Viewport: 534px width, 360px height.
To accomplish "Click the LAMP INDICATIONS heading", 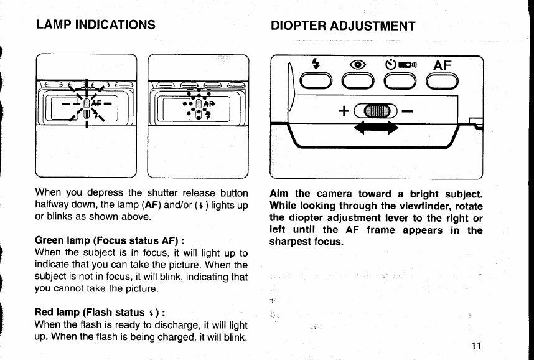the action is click(x=96, y=24).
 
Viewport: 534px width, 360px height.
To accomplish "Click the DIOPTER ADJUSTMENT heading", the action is click(x=343, y=26).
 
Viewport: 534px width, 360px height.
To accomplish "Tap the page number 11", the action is click(x=477, y=346).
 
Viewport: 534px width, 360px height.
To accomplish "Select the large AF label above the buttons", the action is click(x=443, y=65).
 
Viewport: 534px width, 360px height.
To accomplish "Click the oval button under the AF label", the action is click(x=442, y=82).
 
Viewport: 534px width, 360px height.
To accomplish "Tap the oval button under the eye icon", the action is click(x=358, y=82).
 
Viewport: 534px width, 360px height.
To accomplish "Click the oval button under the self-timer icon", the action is click(x=400, y=82).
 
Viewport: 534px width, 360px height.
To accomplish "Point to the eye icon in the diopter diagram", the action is click(x=358, y=64).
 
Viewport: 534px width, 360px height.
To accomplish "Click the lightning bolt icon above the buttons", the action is click(x=316, y=64).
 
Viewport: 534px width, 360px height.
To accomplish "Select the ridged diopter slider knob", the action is click(x=377, y=111).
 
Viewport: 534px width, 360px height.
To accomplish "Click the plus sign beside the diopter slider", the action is click(x=344, y=111).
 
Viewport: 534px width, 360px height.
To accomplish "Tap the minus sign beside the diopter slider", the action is click(x=408, y=111).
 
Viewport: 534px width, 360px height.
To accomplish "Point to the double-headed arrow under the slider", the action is click(x=376, y=128).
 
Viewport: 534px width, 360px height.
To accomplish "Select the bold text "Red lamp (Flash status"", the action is click(x=90, y=312).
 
